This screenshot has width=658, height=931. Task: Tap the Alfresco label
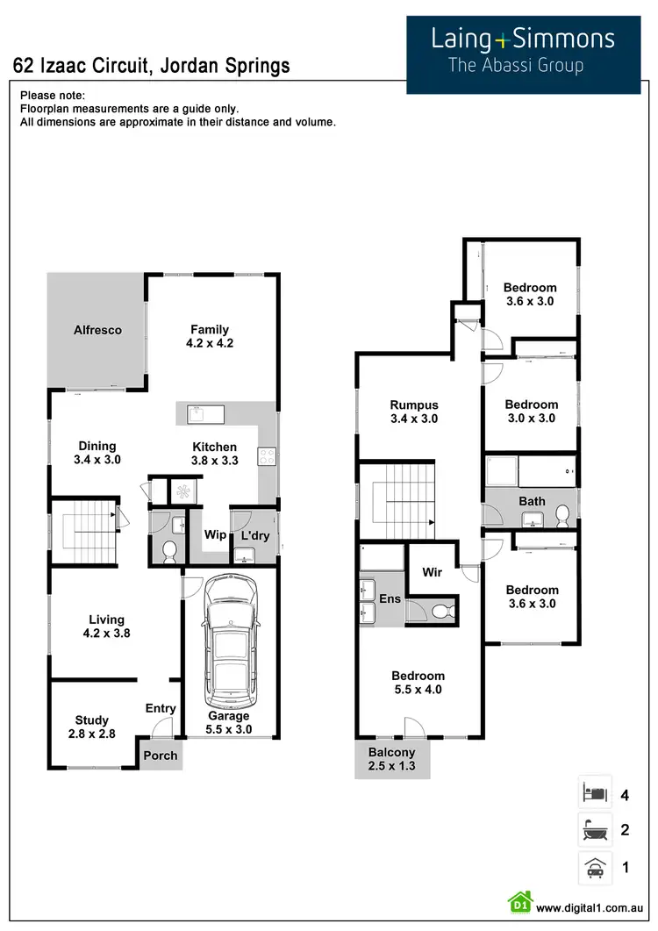[97, 331]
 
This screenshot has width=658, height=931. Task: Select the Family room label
[210, 330]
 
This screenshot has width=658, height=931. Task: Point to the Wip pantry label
[215, 535]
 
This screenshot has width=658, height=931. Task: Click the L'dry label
[254, 535]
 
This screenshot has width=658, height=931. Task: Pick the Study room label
[92, 720]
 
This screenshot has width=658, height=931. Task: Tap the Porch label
[161, 755]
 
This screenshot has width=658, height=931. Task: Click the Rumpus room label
[414, 405]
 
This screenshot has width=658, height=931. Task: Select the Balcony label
[391, 752]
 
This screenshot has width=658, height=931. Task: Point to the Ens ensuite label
[390, 599]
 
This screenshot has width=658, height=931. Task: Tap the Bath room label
[532, 502]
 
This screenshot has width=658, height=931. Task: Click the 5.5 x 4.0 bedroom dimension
[418, 690]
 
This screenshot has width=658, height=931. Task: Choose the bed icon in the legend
[592, 795]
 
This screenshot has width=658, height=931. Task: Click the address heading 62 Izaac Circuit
[151, 66]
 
